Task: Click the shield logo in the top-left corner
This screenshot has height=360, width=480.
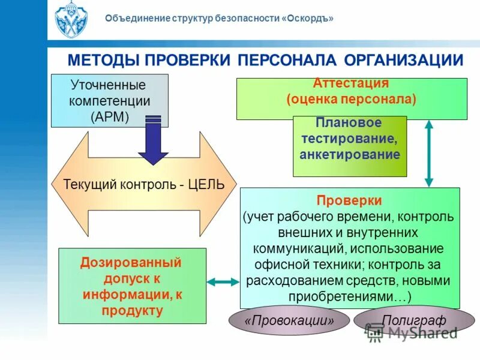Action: (x=71, y=20)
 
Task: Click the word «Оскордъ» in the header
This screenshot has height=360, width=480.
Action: (x=308, y=19)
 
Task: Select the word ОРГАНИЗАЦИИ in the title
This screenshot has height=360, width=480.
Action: (x=404, y=61)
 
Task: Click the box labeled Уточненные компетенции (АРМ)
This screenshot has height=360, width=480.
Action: (x=110, y=101)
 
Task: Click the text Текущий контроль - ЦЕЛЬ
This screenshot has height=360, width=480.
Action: (x=144, y=184)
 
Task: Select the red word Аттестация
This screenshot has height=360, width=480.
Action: (x=351, y=83)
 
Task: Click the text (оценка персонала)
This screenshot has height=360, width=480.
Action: (x=351, y=99)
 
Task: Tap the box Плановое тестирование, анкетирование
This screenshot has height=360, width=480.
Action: (x=350, y=146)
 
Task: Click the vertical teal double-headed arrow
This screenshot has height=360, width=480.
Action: (x=429, y=153)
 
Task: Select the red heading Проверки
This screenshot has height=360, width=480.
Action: (x=350, y=200)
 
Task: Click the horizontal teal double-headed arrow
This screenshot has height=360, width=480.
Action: (x=223, y=281)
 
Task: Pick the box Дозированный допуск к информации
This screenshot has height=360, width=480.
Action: (x=132, y=286)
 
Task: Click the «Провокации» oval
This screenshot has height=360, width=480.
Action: (x=289, y=321)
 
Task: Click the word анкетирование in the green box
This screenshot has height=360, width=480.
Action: (x=350, y=155)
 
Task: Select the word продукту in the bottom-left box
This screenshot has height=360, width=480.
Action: (x=132, y=310)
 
